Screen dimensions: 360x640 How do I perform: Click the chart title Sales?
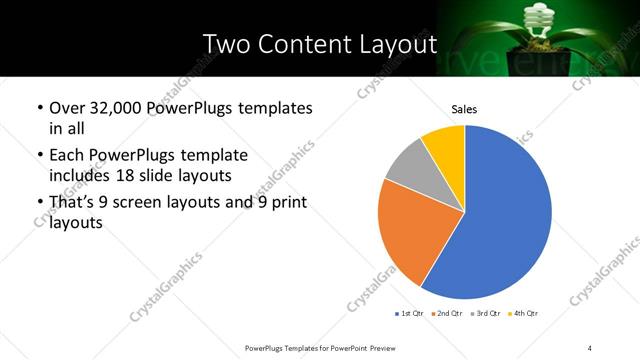click(x=464, y=108)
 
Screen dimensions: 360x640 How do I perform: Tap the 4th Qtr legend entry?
click(x=525, y=313)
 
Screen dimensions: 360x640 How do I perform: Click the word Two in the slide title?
click(x=224, y=44)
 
